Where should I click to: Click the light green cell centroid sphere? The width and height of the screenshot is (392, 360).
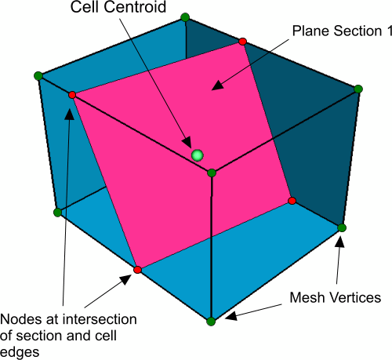198,155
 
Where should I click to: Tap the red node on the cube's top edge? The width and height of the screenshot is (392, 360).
243,42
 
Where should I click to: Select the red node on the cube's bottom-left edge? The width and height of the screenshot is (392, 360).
137,270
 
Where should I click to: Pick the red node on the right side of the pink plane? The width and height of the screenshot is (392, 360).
292,201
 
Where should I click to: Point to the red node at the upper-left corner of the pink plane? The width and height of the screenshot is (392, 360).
72,95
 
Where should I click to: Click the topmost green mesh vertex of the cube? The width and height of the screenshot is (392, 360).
185,17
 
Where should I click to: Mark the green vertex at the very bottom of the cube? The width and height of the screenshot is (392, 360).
211,322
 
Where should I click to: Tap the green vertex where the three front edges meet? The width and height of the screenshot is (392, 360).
212,173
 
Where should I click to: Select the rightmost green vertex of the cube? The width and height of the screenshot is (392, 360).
358,89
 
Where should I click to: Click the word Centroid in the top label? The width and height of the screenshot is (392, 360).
135,7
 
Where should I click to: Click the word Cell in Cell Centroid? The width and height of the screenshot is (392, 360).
85,7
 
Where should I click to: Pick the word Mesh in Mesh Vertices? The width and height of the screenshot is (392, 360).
306,297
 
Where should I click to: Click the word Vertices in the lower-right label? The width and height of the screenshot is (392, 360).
353,297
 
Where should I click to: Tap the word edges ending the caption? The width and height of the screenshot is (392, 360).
20,353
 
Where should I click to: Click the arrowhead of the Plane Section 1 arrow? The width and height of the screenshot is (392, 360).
217,85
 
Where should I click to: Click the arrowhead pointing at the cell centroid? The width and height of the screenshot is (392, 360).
187,143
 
